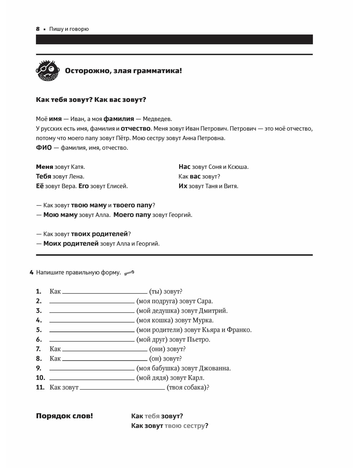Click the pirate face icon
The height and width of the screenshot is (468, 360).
point(47,70)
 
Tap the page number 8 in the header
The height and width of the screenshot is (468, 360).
point(38,29)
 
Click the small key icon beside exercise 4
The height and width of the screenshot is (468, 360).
point(129,273)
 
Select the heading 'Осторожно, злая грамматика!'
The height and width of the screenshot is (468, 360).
point(123,71)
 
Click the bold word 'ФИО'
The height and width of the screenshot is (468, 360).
point(44,148)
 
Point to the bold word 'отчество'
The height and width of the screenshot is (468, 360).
point(135,129)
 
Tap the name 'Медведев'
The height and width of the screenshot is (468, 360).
point(157,119)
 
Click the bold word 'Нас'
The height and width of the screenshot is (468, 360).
point(184,167)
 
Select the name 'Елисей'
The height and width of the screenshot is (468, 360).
point(117,186)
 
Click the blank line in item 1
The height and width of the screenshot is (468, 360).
point(104,293)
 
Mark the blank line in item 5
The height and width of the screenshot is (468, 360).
point(92,331)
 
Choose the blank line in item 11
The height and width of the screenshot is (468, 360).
point(122,389)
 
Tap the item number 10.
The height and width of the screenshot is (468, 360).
point(40,378)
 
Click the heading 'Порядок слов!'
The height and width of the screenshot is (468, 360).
point(64,416)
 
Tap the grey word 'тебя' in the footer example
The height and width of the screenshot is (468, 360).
point(152,416)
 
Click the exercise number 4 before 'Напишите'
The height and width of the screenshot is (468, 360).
point(32,273)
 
